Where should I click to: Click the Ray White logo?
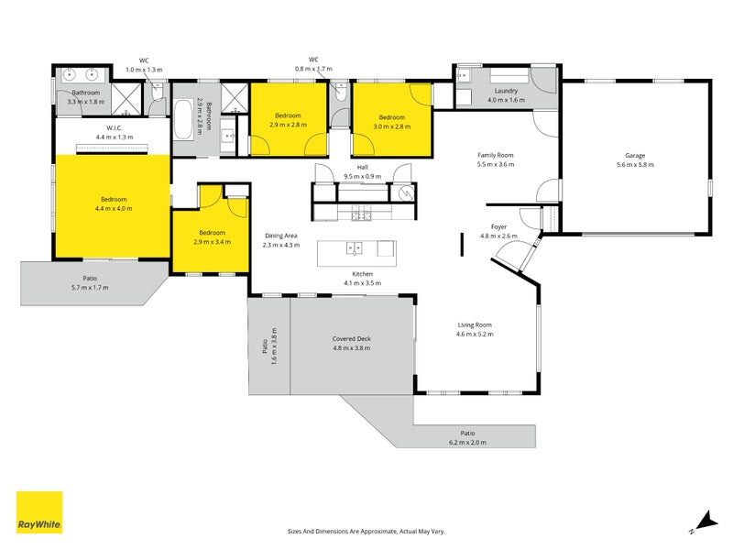click(39, 512)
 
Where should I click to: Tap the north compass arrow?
click(706, 522)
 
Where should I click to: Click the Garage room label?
click(635, 155)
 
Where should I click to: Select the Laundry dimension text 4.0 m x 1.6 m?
click(506, 100)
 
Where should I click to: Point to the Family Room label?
click(496, 155)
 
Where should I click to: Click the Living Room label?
click(475, 324)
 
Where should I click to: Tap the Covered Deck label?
click(352, 338)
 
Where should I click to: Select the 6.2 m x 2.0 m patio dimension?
click(467, 443)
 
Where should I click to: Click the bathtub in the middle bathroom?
click(183, 119)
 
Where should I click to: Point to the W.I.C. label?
click(114, 128)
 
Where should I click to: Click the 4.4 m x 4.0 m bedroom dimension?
click(114, 209)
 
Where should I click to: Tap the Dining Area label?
click(281, 236)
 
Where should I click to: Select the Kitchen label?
click(362, 274)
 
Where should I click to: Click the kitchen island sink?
click(355, 247)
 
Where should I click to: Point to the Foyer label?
click(498, 226)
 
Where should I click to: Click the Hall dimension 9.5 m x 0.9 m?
click(362, 176)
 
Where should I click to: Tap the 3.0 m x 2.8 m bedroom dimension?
click(392, 126)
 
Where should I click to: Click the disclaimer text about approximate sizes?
click(366, 532)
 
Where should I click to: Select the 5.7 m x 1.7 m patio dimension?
click(90, 288)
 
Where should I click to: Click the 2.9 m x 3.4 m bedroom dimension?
click(212, 242)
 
